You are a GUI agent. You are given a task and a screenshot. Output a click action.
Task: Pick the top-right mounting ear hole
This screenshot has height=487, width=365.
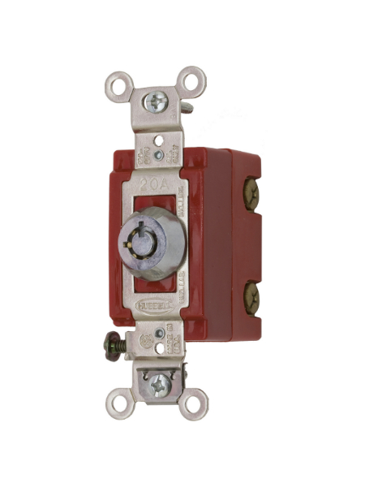(x=191, y=80)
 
